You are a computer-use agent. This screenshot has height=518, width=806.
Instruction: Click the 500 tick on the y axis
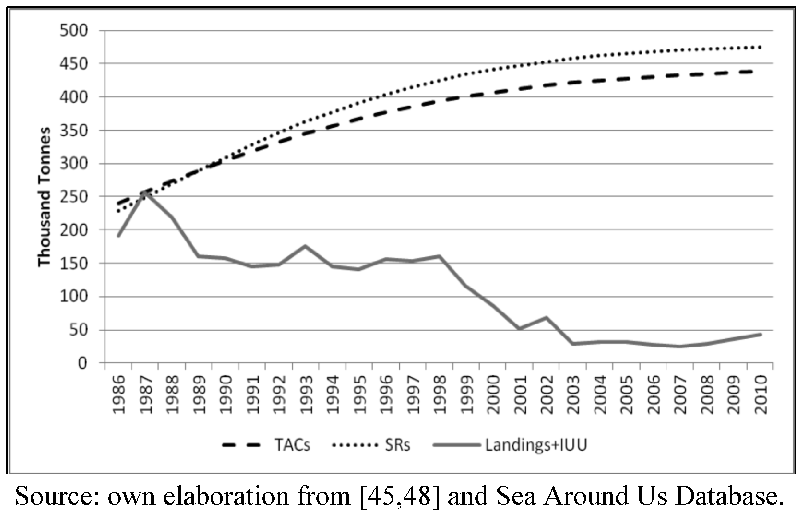[74, 30]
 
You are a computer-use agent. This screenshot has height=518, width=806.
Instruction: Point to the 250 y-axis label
[74, 197]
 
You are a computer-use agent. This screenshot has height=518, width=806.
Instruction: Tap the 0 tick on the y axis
[82, 363]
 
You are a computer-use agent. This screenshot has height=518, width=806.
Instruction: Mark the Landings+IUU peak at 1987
[145, 193]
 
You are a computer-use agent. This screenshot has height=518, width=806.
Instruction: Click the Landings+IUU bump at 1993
[305, 246]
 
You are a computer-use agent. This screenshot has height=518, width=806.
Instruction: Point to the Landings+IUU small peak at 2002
[546, 317]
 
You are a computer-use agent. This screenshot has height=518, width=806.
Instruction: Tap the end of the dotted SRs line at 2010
[760, 47]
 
